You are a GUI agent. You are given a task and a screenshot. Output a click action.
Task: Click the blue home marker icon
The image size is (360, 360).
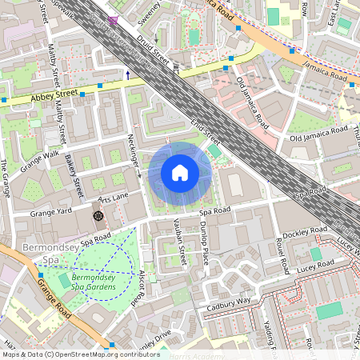(180, 172)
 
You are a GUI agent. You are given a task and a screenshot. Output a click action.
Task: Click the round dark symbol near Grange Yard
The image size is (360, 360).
(98, 215)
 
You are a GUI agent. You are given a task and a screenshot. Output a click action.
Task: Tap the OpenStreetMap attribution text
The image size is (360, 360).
(70, 354)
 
